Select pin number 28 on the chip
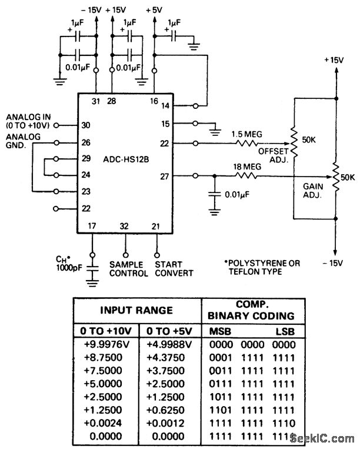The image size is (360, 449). pos(112,102)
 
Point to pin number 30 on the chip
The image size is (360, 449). pos(86,125)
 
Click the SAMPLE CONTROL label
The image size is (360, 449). pos(125,269)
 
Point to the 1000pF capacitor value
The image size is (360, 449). pos(65,268)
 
